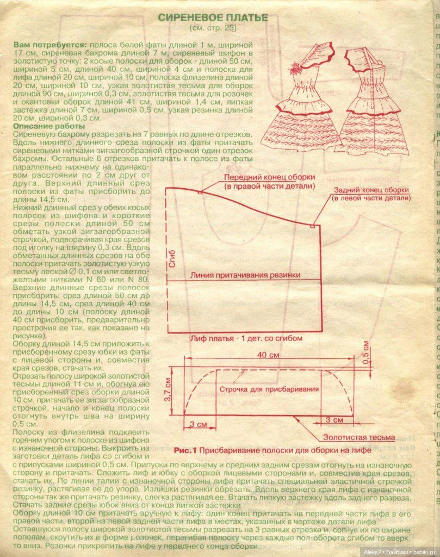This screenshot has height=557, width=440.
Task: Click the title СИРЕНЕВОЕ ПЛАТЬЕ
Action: tap(213, 17)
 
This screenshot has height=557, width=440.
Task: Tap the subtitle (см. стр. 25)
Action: tap(213, 28)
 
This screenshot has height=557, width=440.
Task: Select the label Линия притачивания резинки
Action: tap(245, 275)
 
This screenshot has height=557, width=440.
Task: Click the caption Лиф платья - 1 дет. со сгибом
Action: tap(246, 338)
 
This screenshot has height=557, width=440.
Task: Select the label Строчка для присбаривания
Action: tap(259, 390)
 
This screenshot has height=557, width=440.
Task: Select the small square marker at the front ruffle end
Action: tap(201, 192)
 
